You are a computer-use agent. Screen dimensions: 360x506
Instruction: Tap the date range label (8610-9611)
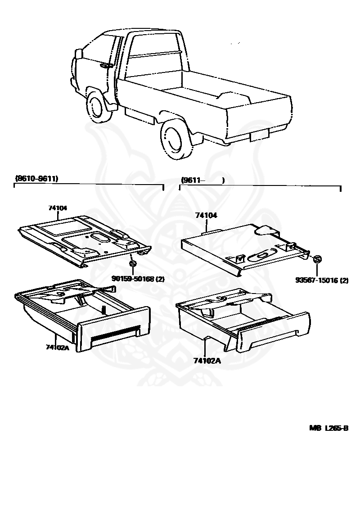point(36,179)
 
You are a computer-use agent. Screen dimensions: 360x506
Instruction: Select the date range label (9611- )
point(202,180)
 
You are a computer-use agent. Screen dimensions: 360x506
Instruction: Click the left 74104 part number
point(58,208)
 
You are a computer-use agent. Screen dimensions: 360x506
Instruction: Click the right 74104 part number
point(206,216)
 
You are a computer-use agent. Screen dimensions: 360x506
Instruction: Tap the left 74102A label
point(57,347)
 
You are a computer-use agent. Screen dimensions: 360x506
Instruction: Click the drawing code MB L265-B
point(328,428)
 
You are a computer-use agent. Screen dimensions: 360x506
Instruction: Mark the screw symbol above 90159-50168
point(132,263)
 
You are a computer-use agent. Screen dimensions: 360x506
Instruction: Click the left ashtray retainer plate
point(83,236)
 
